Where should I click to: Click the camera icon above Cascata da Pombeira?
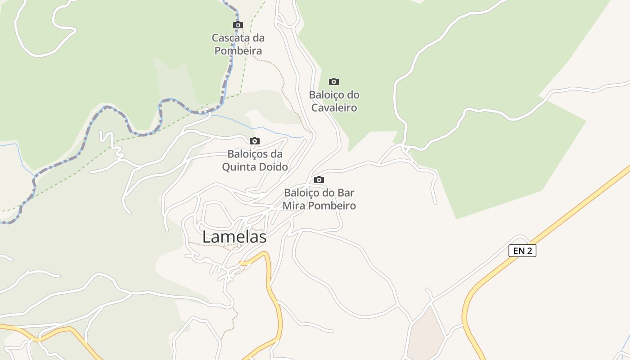click(x=238, y=25)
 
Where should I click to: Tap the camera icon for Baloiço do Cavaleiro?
click(x=333, y=81)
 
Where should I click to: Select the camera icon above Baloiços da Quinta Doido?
click(x=255, y=141)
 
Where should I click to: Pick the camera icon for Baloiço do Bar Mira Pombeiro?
click(x=319, y=180)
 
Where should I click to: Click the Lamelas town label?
click(x=234, y=237)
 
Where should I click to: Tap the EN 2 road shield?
click(x=522, y=251)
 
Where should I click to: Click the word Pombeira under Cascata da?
click(x=238, y=51)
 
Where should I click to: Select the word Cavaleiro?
click(x=334, y=108)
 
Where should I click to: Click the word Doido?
click(x=273, y=167)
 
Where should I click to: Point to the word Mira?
click(x=293, y=206)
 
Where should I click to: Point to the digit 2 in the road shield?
click(x=529, y=251)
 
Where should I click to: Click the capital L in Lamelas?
click(x=207, y=237)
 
